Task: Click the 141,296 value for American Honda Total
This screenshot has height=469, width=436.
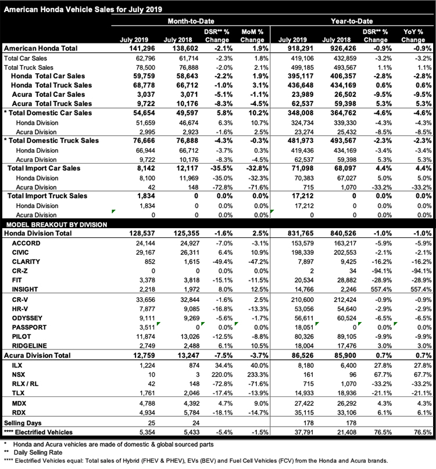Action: pyautogui.click(x=141, y=48)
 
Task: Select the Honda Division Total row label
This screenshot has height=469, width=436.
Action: pyautogui.click(x=38, y=232)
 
